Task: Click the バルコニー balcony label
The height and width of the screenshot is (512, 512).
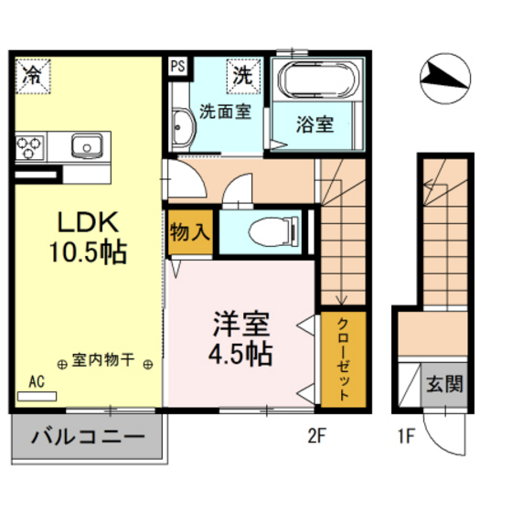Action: pos(88,438)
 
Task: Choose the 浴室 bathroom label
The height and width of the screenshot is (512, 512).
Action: pos(315,125)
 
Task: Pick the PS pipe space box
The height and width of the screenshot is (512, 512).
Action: pos(177,66)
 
